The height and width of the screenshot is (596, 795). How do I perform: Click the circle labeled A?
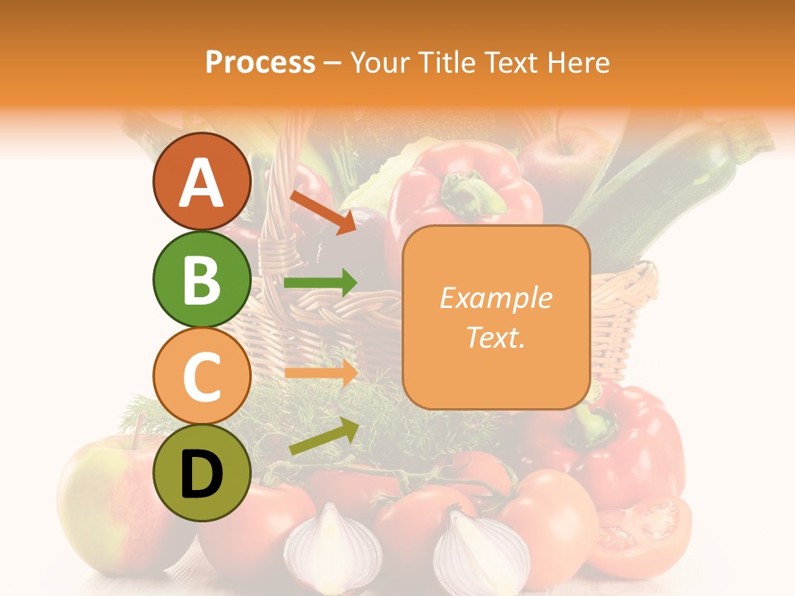pyautogui.click(x=201, y=181)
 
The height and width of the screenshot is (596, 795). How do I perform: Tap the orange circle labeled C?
pyautogui.click(x=201, y=377)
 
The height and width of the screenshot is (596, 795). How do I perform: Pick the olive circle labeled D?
pyautogui.click(x=201, y=473)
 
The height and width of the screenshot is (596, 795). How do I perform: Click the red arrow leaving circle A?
pyautogui.click(x=322, y=210)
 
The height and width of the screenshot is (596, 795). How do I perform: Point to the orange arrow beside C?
pyautogui.click(x=320, y=372)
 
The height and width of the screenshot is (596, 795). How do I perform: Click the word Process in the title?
pyautogui.click(x=260, y=62)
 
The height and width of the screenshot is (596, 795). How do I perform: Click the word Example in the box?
pyautogui.click(x=496, y=298)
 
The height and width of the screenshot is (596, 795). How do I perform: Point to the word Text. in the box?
pyautogui.click(x=496, y=337)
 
